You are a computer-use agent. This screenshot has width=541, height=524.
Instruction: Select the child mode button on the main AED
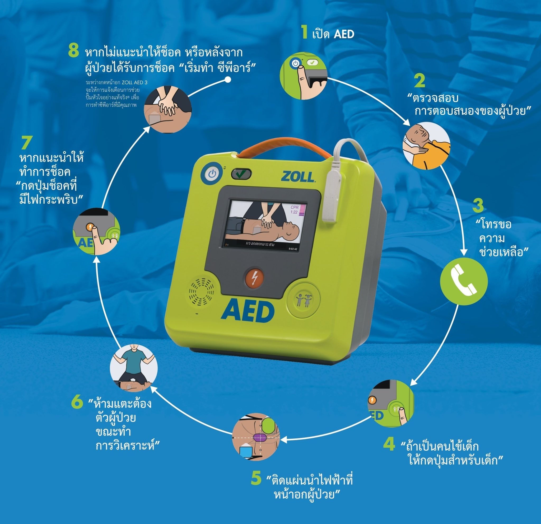(304, 300)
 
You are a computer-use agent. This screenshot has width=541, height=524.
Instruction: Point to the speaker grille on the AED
(201, 291)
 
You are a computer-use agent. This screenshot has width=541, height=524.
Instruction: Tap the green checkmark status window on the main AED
(241, 174)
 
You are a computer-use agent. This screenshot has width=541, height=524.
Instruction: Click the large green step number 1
(304, 32)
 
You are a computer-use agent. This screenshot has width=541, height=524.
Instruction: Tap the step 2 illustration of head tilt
(426, 146)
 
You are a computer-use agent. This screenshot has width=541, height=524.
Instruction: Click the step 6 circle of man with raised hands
(134, 368)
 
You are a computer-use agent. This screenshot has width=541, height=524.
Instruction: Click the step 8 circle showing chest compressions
(168, 109)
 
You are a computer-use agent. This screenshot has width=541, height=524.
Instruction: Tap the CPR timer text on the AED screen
(295, 210)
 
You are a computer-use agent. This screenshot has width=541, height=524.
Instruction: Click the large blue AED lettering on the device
(248, 311)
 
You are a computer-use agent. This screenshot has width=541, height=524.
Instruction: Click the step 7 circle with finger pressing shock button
(96, 231)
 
